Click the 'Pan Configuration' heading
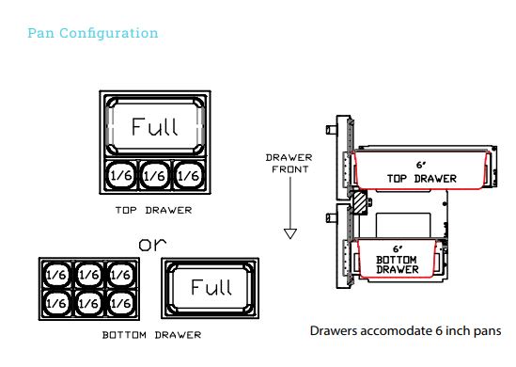pos(93,33)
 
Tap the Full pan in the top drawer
pos(155,126)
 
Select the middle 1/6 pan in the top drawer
pos(155,175)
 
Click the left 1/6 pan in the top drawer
pos(121,175)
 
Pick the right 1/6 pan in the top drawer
pos(189,175)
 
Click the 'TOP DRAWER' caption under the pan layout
pos(154,210)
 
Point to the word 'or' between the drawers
pos(152,244)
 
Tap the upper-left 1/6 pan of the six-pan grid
pos(56,275)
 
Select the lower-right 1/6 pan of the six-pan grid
pos(121,303)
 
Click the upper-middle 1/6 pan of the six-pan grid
pos(89,275)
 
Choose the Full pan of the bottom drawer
pos(211,288)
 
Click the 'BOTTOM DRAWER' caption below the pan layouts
pos(151,335)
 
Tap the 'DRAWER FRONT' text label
pos(289,164)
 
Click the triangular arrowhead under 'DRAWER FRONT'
pos(290,233)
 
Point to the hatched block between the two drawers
pos(360,202)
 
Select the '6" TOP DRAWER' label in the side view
pos(422,172)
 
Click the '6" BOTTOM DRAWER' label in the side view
pos(398,260)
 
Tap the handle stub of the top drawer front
pos(332,130)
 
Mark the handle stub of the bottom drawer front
pos(332,217)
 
